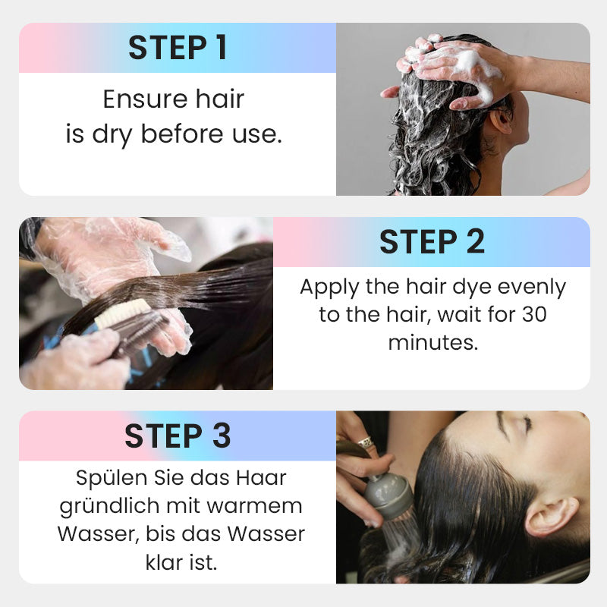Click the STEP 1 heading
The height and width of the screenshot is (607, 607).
178,48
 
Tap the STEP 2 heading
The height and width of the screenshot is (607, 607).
432,242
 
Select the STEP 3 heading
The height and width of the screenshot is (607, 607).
178,436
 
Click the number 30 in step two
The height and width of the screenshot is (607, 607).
534,314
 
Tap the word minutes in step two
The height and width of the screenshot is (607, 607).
432,342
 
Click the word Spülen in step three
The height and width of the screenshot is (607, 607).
112,479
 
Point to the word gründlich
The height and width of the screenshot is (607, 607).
109,506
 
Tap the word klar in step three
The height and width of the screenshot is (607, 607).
162,562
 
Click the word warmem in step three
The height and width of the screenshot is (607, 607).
254,506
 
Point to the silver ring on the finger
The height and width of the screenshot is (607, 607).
366,442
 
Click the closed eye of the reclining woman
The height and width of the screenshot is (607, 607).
524,424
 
